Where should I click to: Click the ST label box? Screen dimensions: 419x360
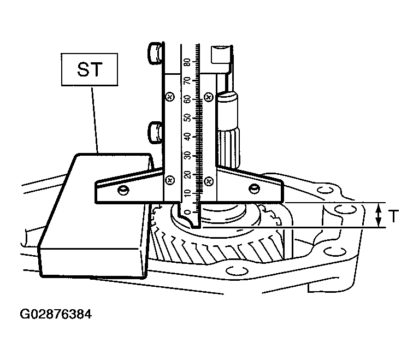click(90, 69)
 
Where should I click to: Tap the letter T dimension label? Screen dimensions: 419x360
click(393, 216)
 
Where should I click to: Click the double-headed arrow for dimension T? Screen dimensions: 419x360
click(379, 215)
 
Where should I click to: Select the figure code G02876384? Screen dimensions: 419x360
click(56, 314)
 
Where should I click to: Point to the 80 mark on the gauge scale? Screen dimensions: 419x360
click(187, 62)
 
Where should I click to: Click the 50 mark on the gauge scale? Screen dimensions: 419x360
click(187, 118)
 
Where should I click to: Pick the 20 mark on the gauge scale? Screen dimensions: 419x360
click(187, 175)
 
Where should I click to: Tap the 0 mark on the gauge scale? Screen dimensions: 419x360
click(187, 213)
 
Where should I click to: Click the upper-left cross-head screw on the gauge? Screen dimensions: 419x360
click(170, 97)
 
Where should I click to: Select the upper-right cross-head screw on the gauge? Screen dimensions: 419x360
click(209, 97)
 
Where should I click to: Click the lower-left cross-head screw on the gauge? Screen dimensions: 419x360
click(170, 181)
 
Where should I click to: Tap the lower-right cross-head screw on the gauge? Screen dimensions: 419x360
click(209, 182)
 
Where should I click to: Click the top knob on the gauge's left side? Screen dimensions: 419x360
click(155, 53)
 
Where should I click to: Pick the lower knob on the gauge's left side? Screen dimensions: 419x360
click(155, 133)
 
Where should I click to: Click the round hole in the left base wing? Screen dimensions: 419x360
click(123, 190)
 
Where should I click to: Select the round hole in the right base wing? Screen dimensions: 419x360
click(254, 188)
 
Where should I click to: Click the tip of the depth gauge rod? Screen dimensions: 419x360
click(197, 227)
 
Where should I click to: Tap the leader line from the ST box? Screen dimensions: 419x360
click(95, 120)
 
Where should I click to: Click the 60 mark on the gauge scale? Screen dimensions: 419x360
click(187, 99)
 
